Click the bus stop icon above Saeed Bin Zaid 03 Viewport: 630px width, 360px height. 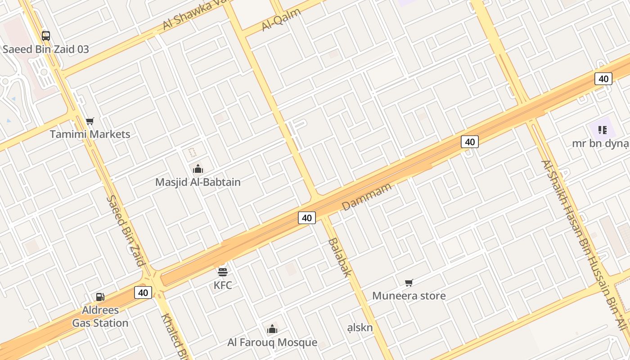pyautogui.click(x=46, y=36)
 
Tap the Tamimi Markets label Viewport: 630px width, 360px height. pyautogui.click(x=90, y=134)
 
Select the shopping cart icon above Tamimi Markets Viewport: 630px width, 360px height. pyautogui.click(x=90, y=121)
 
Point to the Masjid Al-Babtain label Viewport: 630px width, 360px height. pyautogui.click(x=198, y=182)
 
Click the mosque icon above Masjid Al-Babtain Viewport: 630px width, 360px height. pyautogui.click(x=198, y=169)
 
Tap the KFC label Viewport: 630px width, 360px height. pyautogui.click(x=223, y=285)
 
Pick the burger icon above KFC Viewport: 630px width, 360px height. pyautogui.click(x=223, y=272)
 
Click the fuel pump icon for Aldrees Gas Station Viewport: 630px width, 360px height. pyautogui.click(x=100, y=297)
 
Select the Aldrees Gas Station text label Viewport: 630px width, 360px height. pyautogui.click(x=100, y=316)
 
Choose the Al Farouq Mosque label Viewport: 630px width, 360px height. pyautogui.click(x=272, y=342)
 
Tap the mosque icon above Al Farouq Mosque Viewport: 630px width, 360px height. pyautogui.click(x=272, y=329)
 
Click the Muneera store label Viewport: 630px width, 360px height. pyautogui.click(x=409, y=296)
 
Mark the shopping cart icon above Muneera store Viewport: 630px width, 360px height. pyautogui.click(x=409, y=283)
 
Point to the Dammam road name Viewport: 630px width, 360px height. pyautogui.click(x=367, y=197)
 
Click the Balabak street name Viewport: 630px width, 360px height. pyautogui.click(x=339, y=257)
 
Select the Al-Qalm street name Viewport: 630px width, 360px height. pyautogui.click(x=281, y=20)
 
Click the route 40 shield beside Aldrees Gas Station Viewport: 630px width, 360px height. pyautogui.click(x=143, y=292)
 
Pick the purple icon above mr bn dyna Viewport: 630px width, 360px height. pyautogui.click(x=603, y=130)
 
